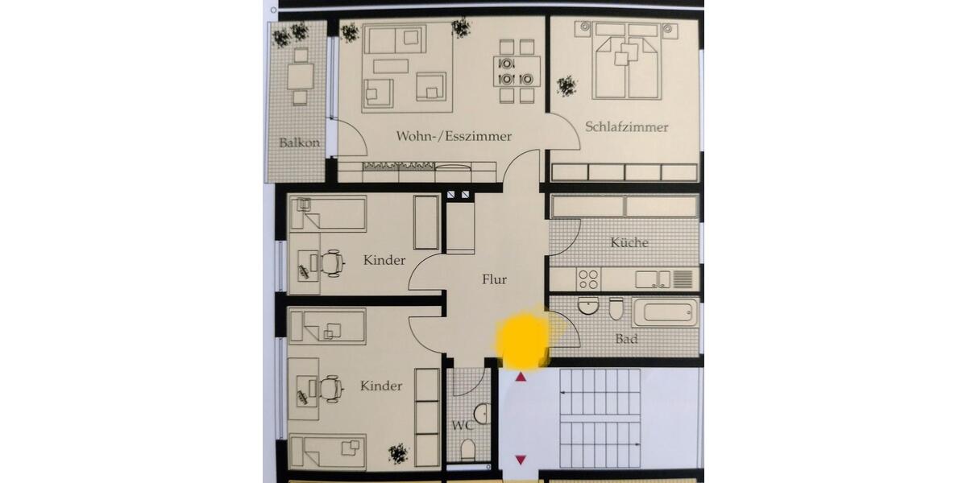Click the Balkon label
click(300, 143)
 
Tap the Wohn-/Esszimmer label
click(454, 136)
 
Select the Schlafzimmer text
click(627, 127)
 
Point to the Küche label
click(629, 242)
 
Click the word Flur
click(494, 280)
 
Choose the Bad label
click(627, 339)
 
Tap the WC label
click(462, 424)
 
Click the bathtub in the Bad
click(666, 312)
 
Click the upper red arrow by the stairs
click(521, 376)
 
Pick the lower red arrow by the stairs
click(521, 459)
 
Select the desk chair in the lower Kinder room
click(330, 388)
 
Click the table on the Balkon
click(301, 76)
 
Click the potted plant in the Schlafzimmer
click(567, 85)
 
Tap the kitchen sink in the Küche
click(653, 279)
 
